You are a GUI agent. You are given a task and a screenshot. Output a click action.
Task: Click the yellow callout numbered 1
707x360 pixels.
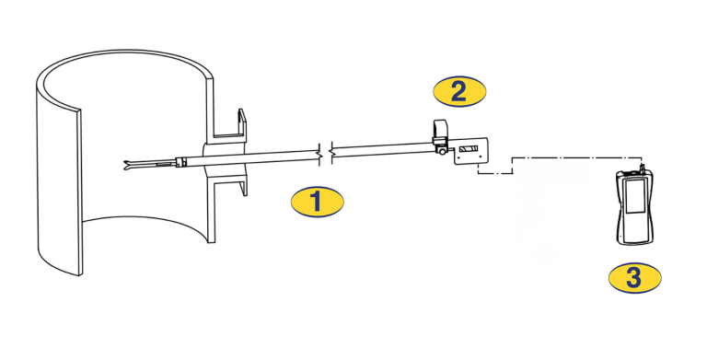point(317,202)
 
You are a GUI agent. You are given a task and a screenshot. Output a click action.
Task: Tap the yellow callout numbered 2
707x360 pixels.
point(459,91)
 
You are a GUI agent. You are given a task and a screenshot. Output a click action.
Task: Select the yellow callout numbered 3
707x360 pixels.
point(635,278)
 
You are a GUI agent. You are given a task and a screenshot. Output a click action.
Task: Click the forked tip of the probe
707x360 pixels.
point(128,164)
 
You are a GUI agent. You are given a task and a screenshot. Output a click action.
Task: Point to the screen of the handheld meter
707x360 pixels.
point(634,196)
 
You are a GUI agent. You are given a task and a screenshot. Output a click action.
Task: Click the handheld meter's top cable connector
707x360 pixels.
point(643,170)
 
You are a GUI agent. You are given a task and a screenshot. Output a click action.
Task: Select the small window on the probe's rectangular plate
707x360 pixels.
point(469,149)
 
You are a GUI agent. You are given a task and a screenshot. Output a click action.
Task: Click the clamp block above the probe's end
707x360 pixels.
point(440,132)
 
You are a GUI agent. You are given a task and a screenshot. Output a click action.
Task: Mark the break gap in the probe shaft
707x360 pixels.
point(326,155)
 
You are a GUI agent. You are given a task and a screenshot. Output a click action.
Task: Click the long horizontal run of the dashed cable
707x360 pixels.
point(577,157)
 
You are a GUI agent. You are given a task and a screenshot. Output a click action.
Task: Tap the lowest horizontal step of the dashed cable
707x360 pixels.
point(495,173)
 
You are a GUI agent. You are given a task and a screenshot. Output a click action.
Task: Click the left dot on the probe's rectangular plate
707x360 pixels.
point(459,157)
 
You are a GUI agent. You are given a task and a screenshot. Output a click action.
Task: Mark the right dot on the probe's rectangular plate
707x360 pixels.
point(481,157)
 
